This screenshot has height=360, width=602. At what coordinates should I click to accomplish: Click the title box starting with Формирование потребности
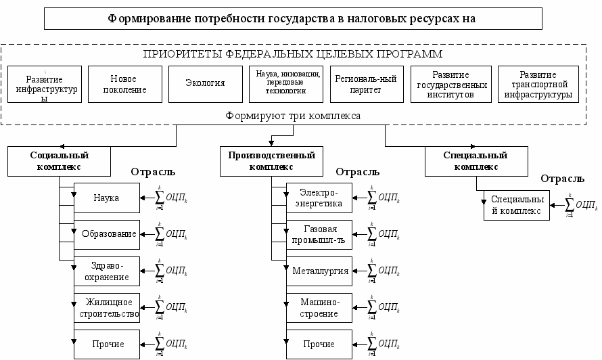click(x=293, y=18)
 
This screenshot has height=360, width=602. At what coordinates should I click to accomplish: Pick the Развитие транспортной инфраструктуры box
click(x=538, y=84)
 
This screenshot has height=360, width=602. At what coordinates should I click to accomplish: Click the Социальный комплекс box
click(x=60, y=160)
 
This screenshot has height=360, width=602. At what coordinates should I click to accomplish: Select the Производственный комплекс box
click(x=271, y=160)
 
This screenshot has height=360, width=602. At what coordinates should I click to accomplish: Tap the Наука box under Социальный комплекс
click(x=106, y=198)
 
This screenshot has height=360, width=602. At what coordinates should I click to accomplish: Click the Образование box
click(x=106, y=233)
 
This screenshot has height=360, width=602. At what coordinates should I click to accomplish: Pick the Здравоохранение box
click(x=106, y=271)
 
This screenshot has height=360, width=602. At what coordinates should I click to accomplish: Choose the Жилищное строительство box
click(x=106, y=308)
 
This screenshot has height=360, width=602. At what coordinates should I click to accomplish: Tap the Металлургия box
click(x=320, y=271)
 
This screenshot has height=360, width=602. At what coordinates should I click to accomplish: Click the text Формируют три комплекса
click(x=293, y=116)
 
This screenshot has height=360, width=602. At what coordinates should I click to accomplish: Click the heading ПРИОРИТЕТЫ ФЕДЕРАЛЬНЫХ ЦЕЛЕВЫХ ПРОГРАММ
click(x=294, y=53)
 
